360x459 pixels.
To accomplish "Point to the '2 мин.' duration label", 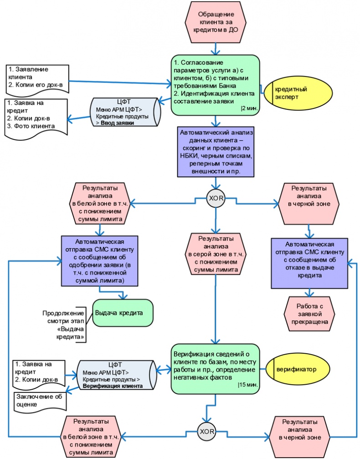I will [x=249, y=108].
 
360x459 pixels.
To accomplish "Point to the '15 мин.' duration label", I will [x=248, y=385].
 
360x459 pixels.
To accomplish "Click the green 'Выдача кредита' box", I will [x=123, y=314].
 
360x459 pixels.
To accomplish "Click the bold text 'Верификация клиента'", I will [x=113, y=386].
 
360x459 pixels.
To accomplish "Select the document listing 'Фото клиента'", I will [x=36, y=118].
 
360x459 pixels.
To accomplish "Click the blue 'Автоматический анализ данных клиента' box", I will [x=216, y=152].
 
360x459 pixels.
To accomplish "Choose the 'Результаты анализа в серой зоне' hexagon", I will [x=216, y=253].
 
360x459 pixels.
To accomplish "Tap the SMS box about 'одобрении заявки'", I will [x=98, y=260].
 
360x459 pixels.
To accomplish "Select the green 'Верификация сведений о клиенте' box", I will [x=216, y=368].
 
